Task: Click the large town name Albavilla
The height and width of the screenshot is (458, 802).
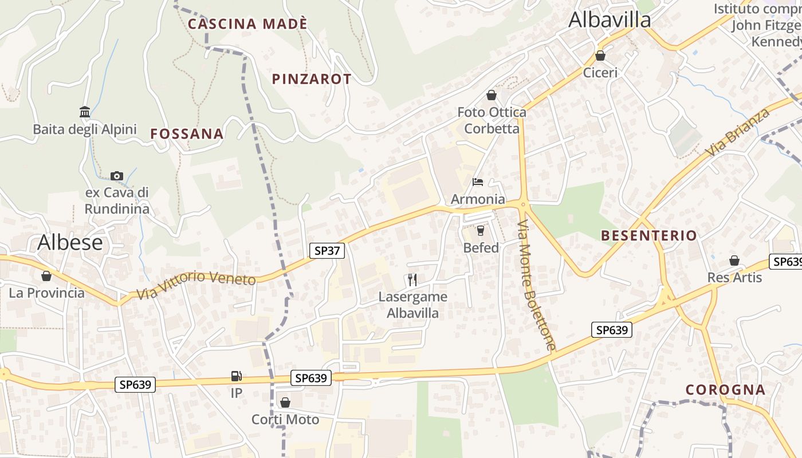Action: click(x=610, y=20)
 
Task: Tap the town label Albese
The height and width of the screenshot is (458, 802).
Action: click(x=70, y=243)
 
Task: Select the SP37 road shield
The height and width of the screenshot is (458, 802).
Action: click(x=327, y=250)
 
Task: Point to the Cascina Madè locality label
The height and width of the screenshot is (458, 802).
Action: click(x=247, y=24)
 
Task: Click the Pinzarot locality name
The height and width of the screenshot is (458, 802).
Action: click(x=312, y=79)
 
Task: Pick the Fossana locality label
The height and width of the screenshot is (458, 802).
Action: click(x=187, y=134)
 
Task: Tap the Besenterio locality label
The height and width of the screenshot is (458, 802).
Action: click(x=648, y=235)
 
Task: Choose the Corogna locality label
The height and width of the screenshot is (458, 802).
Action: click(x=725, y=390)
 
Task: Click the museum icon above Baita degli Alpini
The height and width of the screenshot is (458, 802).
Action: click(x=85, y=111)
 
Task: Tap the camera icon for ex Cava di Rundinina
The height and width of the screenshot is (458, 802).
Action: click(x=117, y=176)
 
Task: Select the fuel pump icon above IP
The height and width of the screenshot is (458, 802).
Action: click(x=236, y=376)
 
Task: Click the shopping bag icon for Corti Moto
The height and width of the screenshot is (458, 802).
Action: click(x=285, y=402)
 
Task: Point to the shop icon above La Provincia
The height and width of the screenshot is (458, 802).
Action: click(x=46, y=276)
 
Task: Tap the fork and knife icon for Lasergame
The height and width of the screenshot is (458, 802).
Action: click(x=412, y=280)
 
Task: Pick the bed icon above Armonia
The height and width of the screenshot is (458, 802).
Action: click(x=478, y=182)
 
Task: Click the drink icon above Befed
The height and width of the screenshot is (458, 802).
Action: click(x=481, y=231)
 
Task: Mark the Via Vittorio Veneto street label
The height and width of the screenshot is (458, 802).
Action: click(x=196, y=285)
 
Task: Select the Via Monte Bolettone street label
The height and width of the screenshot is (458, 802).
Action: click(x=535, y=285)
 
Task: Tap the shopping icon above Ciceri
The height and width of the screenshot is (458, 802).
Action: click(x=600, y=56)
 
